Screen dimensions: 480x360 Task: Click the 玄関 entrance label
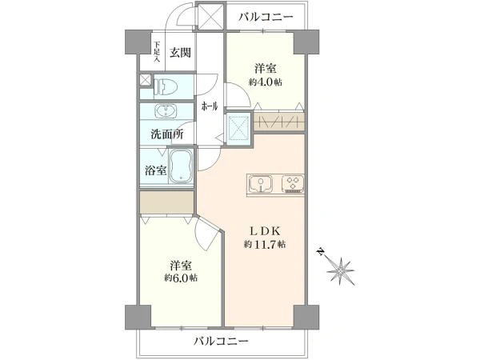pos(180,53)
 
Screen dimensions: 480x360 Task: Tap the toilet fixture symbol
pos(166,86)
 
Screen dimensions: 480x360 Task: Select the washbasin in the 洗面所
pos(166,111)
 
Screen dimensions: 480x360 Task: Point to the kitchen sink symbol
pos(261,184)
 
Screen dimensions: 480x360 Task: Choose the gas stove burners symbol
pos(293,183)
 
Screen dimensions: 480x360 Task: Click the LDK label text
pos(265,231)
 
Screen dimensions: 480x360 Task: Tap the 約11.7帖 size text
pos(265,244)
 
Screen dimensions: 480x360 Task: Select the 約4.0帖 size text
pos(265,82)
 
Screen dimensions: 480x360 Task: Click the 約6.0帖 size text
pos(180,278)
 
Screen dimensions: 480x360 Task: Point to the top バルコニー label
pos(266,16)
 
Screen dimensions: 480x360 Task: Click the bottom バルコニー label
pos(221,341)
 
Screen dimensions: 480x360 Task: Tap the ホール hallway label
pos(210,106)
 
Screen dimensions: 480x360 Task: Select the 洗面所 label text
pos(167,134)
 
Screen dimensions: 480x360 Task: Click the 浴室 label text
pos(156,170)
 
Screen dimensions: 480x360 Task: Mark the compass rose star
pos(341,271)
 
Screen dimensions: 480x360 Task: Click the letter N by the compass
pos(320,252)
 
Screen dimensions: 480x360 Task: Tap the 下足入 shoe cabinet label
pos(157,52)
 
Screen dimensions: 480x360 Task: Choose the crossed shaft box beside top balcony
pos(210,16)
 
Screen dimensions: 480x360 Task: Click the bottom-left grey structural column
pos(138,317)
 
